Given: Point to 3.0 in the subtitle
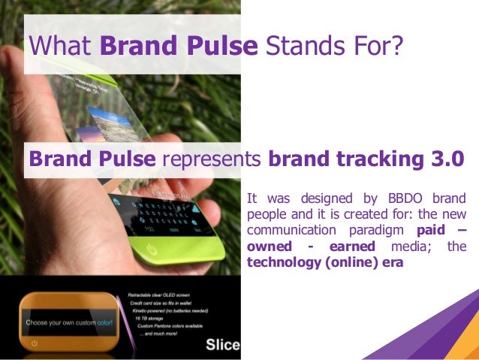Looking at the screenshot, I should [x=444, y=159].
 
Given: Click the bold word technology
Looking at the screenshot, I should [x=281, y=263].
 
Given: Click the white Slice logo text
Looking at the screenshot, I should [x=223, y=345].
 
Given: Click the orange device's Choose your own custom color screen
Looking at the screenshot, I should [x=71, y=322].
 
